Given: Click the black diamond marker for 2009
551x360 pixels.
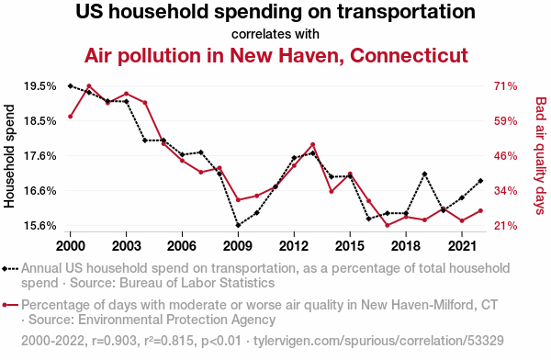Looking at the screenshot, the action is coord(238,225).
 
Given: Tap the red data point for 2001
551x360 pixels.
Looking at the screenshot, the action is coord(89,85).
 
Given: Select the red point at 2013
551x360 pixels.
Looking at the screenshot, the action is coord(313,144).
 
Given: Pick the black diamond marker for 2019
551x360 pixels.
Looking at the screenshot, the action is coord(424,174).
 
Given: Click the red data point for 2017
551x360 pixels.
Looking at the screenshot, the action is coord(388,225).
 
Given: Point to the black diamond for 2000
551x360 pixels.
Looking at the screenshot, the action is coord(71,85).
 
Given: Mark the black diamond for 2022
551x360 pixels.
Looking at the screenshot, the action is coord(480,181).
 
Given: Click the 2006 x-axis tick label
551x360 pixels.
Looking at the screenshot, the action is coord(182,246).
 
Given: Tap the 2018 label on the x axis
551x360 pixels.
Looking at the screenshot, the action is coord(406,246).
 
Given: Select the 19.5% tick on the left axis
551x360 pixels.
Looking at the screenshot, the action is coord(40,86).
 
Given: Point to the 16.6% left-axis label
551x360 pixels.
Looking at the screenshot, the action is coord(40,191).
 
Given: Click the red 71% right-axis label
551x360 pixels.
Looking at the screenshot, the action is coord(505,86).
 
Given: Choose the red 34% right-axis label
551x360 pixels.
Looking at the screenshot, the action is coord(505,191).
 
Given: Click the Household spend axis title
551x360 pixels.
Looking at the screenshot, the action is coord(9,156).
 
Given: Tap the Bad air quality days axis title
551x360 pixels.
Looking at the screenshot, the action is coord(541,156).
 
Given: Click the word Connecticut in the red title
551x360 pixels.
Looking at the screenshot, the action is coord(409,55).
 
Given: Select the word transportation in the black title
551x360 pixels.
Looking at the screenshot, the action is coord(406,12).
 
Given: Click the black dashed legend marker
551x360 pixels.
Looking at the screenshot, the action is coord(10,269).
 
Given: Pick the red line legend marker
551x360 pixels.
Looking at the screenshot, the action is coord(10,305).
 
